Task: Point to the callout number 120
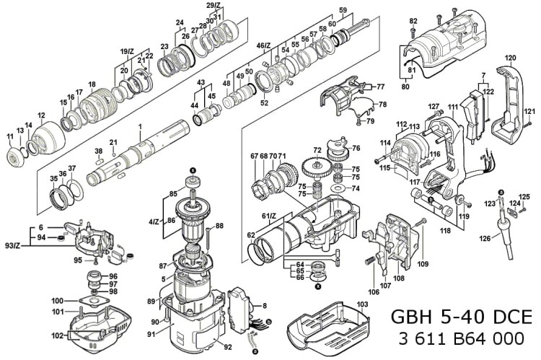pos(511,58)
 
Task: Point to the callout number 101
pos(58,312)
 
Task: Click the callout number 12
pos(41,115)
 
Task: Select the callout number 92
pos(228,347)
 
